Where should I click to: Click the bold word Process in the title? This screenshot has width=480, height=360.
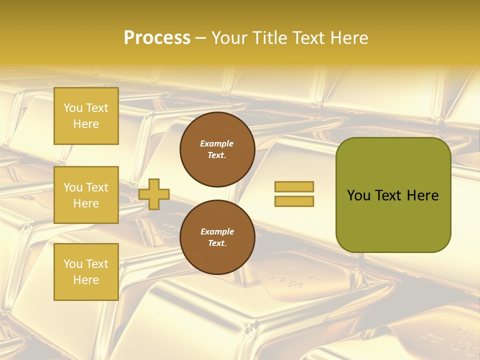pos(157,38)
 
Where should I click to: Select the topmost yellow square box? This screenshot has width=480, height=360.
pos(86,116)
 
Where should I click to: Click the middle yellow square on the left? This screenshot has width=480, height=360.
pos(86,195)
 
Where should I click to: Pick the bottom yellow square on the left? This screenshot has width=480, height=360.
pos(86,271)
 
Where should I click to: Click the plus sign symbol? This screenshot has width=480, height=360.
pos(154,194)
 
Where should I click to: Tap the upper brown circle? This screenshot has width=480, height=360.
pos(217,149)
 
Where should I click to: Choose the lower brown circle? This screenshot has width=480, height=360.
pos(217,237)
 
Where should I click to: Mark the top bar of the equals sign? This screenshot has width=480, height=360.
pos(294,186)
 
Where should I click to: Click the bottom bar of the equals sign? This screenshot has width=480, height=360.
pos(294,201)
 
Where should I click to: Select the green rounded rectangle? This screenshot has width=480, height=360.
pos(393,195)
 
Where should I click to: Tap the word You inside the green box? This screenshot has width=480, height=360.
pos(359,195)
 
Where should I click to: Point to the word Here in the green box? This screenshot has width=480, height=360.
pos(422,195)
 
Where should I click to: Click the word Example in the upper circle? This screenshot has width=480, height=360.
pos(217,143)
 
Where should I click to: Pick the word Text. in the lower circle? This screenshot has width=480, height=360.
pos(217,243)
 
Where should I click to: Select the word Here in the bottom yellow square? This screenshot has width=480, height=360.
pos(86,280)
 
